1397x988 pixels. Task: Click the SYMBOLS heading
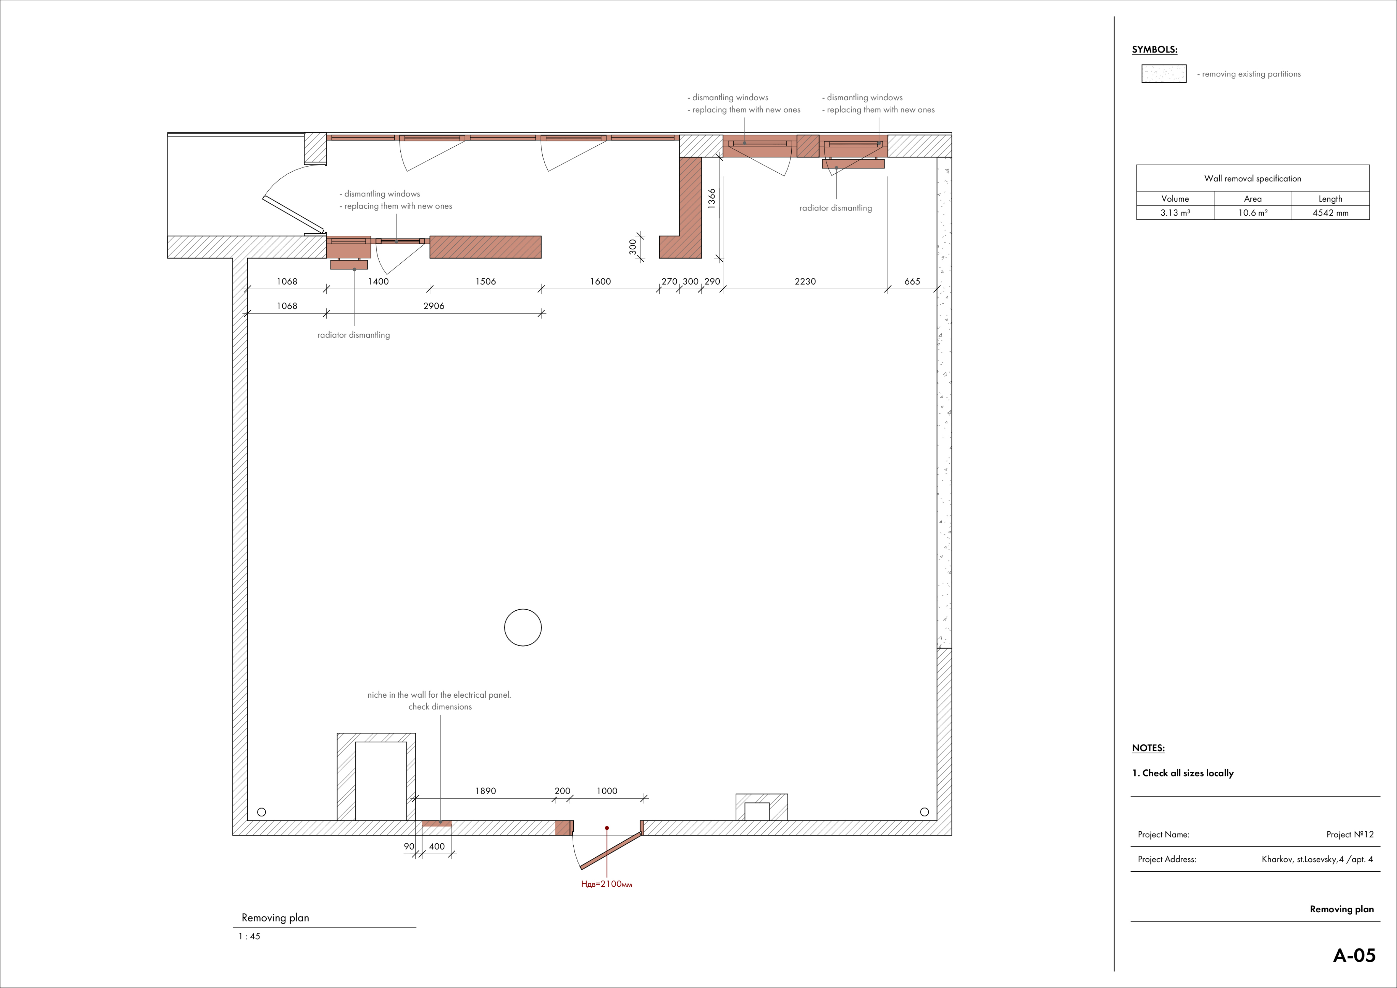(1154, 50)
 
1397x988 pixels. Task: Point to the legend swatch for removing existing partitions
(1164, 74)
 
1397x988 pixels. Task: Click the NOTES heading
(1148, 748)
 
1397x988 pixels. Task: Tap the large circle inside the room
(523, 609)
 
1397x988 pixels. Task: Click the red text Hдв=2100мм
(607, 884)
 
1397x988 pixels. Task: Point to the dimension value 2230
(805, 281)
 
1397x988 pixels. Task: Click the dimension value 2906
(434, 306)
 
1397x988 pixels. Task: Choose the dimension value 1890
(486, 791)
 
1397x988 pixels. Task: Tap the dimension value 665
(912, 281)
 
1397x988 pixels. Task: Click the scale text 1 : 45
(249, 936)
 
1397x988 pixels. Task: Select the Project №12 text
(1350, 834)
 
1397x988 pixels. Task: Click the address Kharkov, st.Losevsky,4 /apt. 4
(1317, 860)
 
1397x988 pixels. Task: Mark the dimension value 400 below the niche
(437, 846)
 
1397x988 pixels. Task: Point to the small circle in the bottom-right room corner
(924, 812)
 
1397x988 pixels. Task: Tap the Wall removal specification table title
(1253, 178)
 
